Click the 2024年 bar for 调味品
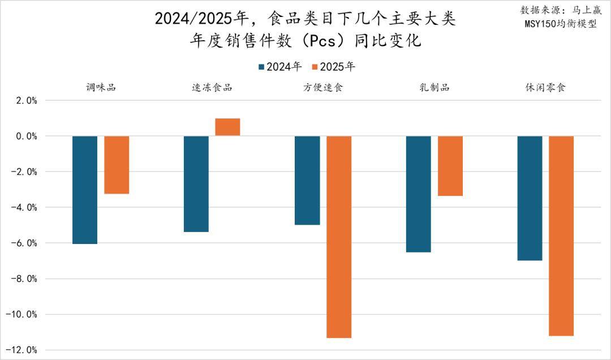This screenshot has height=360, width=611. point(85,190)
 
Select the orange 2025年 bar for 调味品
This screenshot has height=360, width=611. point(117,165)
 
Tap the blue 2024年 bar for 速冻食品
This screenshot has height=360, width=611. point(196,184)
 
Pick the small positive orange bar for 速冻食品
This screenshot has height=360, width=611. point(227,127)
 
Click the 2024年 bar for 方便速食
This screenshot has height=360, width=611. point(307,180)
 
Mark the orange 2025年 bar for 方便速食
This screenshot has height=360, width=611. point(339,237)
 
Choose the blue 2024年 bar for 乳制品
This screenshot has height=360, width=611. point(419,194)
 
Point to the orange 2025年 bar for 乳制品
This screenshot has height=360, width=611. point(450,166)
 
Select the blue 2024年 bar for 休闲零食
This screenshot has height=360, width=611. point(530,198)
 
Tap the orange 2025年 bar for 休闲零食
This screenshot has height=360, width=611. point(561,235)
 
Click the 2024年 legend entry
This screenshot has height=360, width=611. point(279,67)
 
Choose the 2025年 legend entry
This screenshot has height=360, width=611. point(333,67)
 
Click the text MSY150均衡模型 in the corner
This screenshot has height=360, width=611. point(560,24)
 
